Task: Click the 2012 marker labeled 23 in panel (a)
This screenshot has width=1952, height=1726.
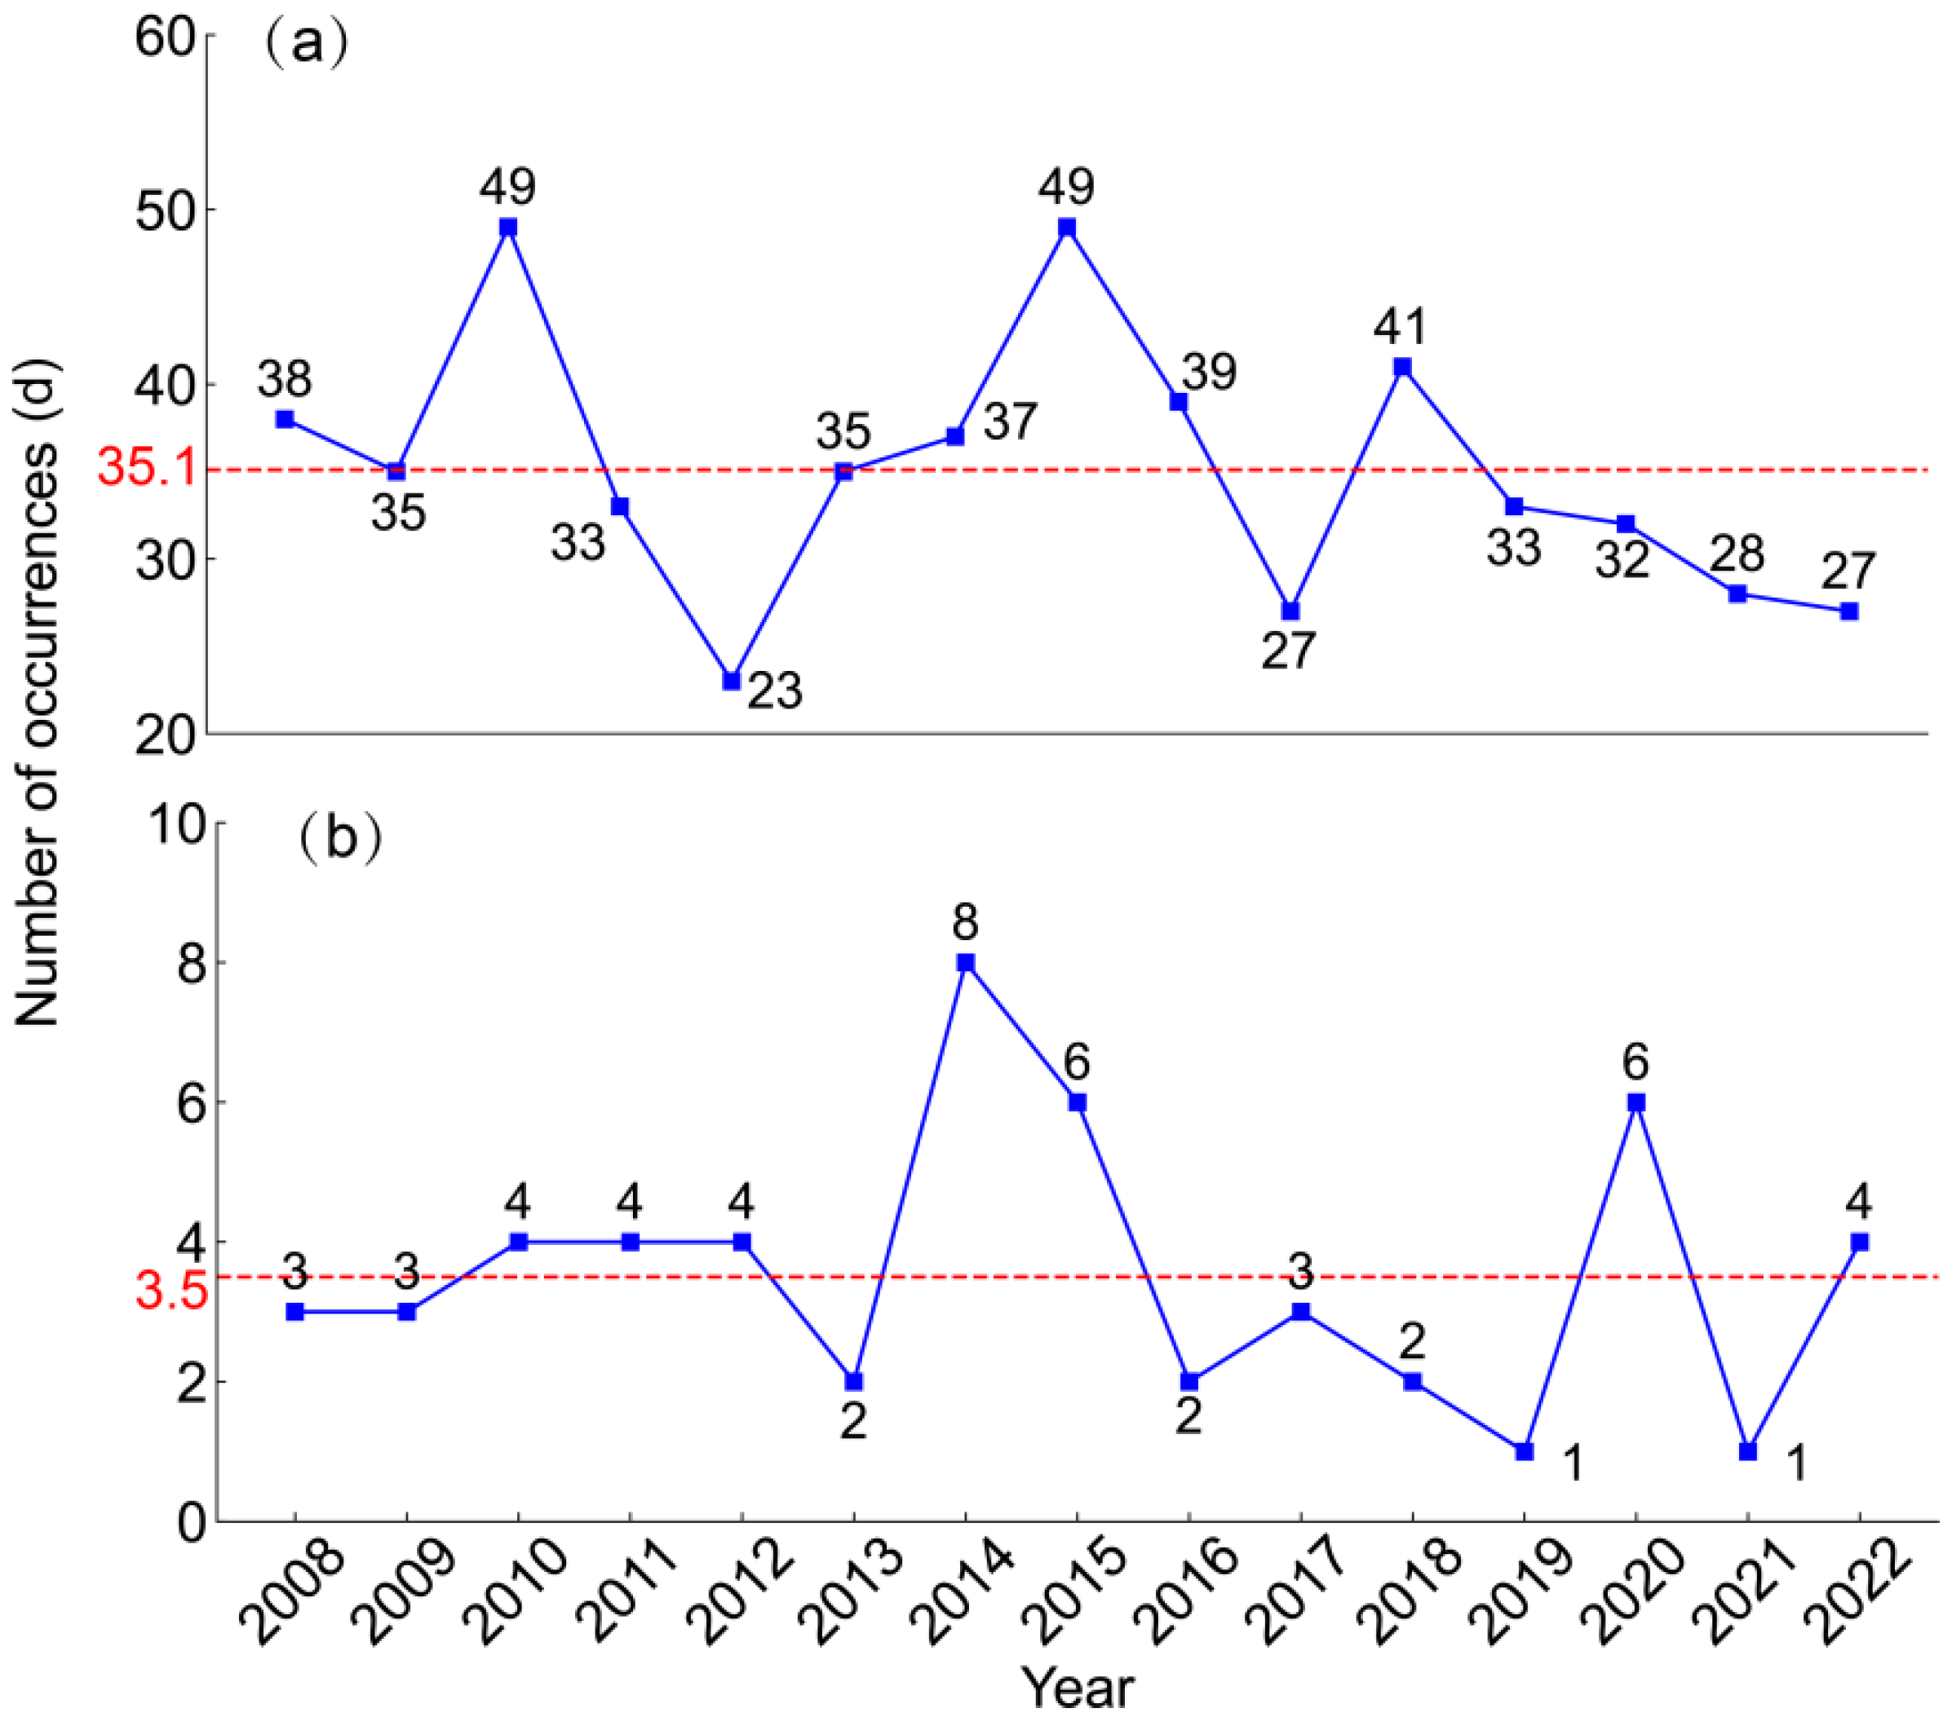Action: point(732,681)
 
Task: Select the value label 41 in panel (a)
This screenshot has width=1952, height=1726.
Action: point(1401,328)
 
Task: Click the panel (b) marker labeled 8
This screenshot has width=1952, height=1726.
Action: point(966,962)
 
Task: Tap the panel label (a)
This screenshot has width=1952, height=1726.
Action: point(306,44)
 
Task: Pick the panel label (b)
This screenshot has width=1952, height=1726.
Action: point(340,838)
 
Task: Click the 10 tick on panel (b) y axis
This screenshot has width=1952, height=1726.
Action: point(178,827)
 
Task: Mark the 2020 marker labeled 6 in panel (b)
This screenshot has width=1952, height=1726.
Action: point(1636,1101)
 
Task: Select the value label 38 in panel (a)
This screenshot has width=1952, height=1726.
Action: point(285,379)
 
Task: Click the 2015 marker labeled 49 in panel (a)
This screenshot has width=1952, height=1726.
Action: point(1067,227)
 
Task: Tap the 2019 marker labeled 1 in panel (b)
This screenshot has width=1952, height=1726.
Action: point(1525,1451)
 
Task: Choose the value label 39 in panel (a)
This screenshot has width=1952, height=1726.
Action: point(1210,371)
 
